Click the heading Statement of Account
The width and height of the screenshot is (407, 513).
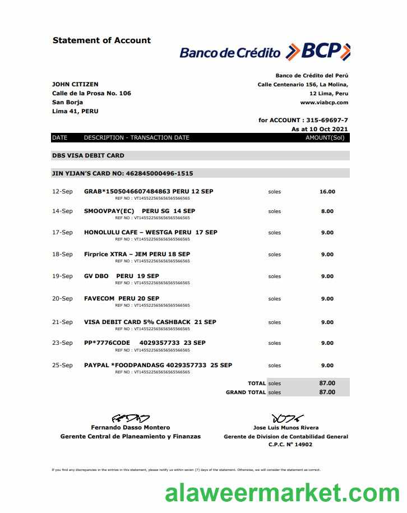pyautogui.click(x=101, y=40)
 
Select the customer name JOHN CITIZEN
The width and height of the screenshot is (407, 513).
pyautogui.click(x=75, y=85)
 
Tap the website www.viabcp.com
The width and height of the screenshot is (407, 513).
pyautogui.click(x=324, y=103)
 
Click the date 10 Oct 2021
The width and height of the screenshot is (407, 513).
pyautogui.click(x=328, y=129)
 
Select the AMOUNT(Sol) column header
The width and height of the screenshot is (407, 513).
pyautogui.click(x=325, y=137)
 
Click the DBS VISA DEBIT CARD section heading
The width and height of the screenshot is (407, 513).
pyautogui.click(x=88, y=155)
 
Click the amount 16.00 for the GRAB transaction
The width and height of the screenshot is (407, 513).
pyautogui.click(x=327, y=192)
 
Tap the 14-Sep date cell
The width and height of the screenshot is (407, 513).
pyautogui.click(x=62, y=211)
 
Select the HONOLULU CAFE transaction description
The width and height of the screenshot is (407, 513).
pyautogui.click(x=150, y=232)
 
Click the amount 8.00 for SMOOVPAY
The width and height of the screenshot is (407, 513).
pyautogui.click(x=327, y=211)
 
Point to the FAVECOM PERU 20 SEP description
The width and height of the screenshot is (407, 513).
pyautogui.click(x=122, y=298)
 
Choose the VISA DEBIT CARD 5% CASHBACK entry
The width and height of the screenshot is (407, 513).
pyautogui.click(x=150, y=322)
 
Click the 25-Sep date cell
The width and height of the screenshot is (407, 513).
pyautogui.click(x=62, y=365)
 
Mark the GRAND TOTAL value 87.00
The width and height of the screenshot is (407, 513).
pyautogui.click(x=327, y=392)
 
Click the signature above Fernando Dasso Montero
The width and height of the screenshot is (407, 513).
pyautogui.click(x=131, y=418)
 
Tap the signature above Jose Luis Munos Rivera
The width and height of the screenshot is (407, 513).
pyautogui.click(x=287, y=418)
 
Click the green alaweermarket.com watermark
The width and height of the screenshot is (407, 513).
pyautogui.click(x=281, y=493)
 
